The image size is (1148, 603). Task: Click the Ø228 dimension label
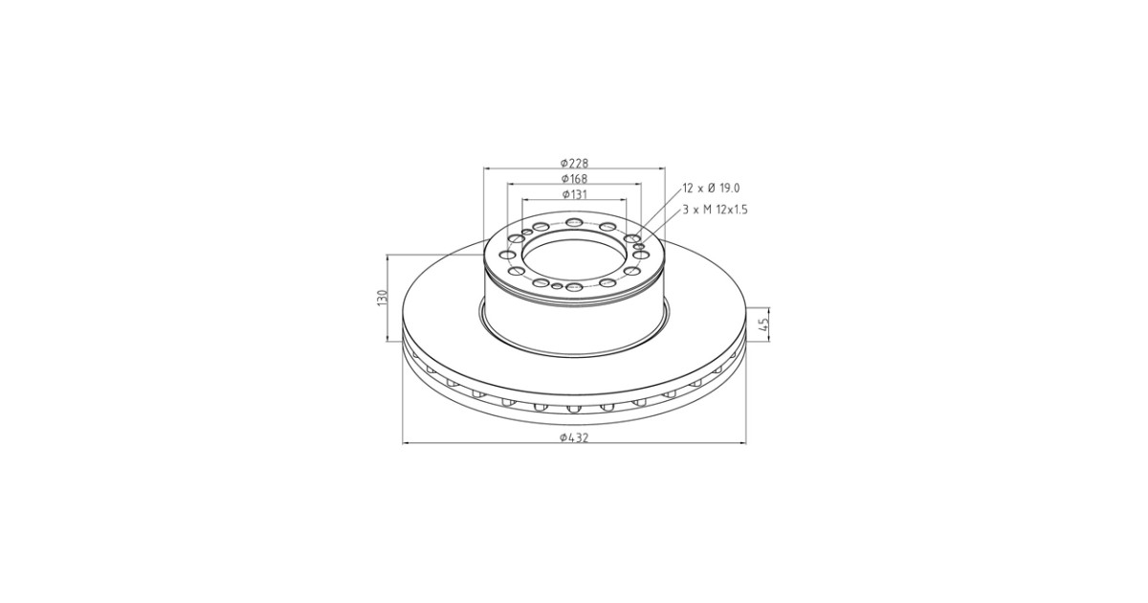tap(574, 163)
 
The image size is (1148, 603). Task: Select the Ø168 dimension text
tap(574, 178)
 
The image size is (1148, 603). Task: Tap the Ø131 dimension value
tap(574, 194)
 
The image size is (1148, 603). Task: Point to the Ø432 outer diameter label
tap(574, 437)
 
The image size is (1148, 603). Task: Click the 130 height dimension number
tap(382, 298)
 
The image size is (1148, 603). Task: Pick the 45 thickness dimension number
tap(763, 324)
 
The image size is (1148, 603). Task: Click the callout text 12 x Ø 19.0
tap(712, 189)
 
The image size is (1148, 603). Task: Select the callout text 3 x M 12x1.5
tap(715, 211)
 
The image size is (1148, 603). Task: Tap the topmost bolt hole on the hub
tap(574, 222)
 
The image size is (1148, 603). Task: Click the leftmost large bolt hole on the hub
tap(508, 255)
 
